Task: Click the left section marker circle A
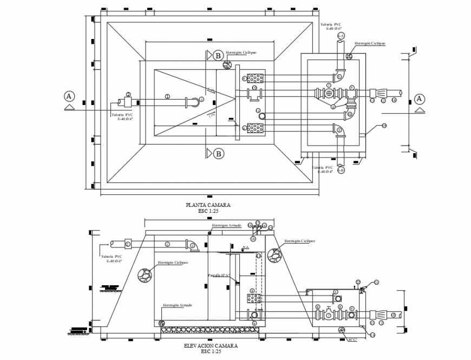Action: pos(69,96)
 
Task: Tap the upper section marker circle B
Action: pos(218,55)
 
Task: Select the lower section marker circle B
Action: pos(218,154)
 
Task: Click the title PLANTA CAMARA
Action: pos(208,205)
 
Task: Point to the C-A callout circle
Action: pos(341,36)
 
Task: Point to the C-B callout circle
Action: pos(341,170)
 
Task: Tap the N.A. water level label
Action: pos(245,247)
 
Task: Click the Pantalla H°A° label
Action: pos(219,276)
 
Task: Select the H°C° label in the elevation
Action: pos(352,339)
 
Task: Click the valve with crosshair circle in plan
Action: pos(329,94)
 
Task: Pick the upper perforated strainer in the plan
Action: pos(254,78)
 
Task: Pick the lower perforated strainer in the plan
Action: pos(254,128)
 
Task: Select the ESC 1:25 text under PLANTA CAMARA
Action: pos(208,211)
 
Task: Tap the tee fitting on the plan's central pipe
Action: pos(254,94)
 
